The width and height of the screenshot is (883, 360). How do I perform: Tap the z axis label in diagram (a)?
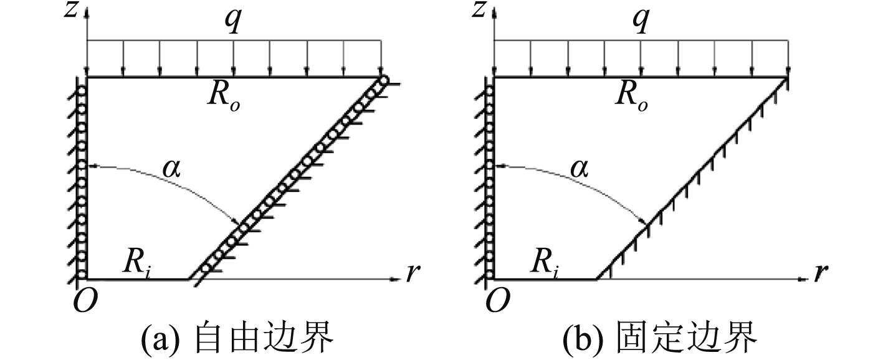[73, 11]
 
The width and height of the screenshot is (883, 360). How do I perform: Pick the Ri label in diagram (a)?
[137, 265]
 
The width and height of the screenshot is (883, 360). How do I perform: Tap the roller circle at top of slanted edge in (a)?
[383, 80]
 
